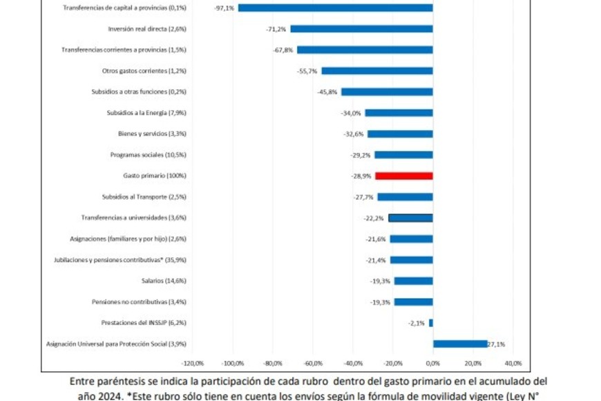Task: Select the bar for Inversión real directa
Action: pyautogui.click(x=361, y=29)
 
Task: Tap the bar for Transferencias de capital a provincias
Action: pyautogui.click(x=335, y=8)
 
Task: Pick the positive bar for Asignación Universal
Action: pyautogui.click(x=460, y=344)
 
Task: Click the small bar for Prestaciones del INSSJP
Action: pyautogui.click(x=430, y=323)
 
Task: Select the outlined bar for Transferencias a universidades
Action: pyautogui.click(x=410, y=218)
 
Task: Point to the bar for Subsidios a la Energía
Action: pyautogui.click(x=399, y=113)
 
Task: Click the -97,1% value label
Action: pyautogui.click(x=225, y=8)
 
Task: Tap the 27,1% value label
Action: pyautogui.click(x=497, y=344)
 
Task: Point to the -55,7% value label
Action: pyautogui.click(x=307, y=71)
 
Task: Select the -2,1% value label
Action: pyautogui.click(x=417, y=323)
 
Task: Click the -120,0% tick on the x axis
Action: pyautogui.click(x=192, y=363)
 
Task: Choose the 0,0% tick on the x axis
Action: pyautogui.click(x=432, y=363)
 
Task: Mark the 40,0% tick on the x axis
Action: pyautogui.click(x=513, y=363)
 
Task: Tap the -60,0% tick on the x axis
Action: pyautogui.click(x=312, y=363)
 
